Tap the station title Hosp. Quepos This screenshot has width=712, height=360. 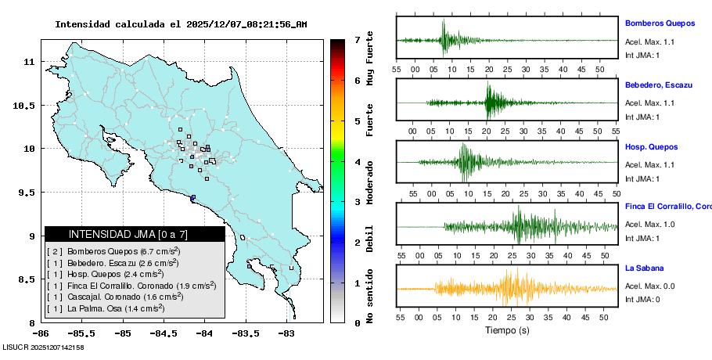(651, 147)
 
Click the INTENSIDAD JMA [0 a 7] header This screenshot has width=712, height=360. (135, 234)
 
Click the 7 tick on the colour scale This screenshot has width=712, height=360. (357, 40)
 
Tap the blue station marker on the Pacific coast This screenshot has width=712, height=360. (192, 197)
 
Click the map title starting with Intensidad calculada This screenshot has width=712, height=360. (181, 24)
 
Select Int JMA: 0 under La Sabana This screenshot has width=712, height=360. (642, 300)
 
